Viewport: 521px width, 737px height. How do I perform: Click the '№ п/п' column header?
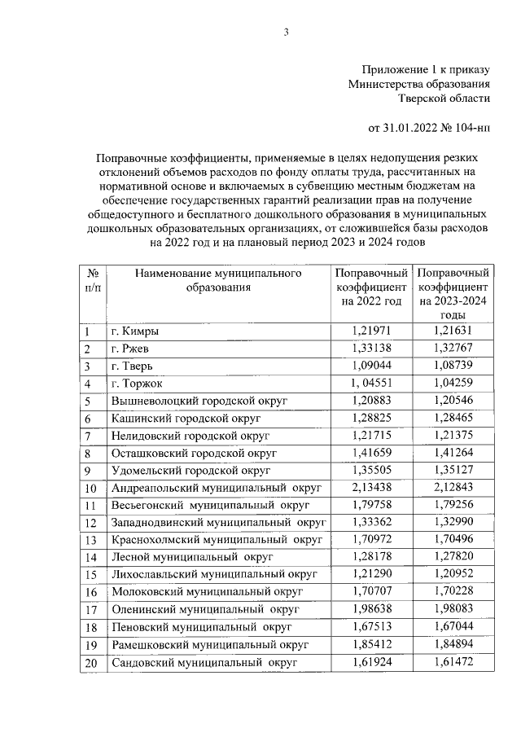click(x=93, y=280)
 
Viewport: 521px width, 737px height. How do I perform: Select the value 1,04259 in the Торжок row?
click(x=453, y=383)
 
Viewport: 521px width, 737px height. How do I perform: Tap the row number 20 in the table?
click(x=92, y=664)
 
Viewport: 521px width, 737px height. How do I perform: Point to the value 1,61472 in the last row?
click(x=453, y=664)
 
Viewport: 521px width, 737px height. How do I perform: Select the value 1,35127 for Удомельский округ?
click(x=453, y=470)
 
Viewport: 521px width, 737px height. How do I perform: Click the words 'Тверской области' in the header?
click(x=444, y=99)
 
